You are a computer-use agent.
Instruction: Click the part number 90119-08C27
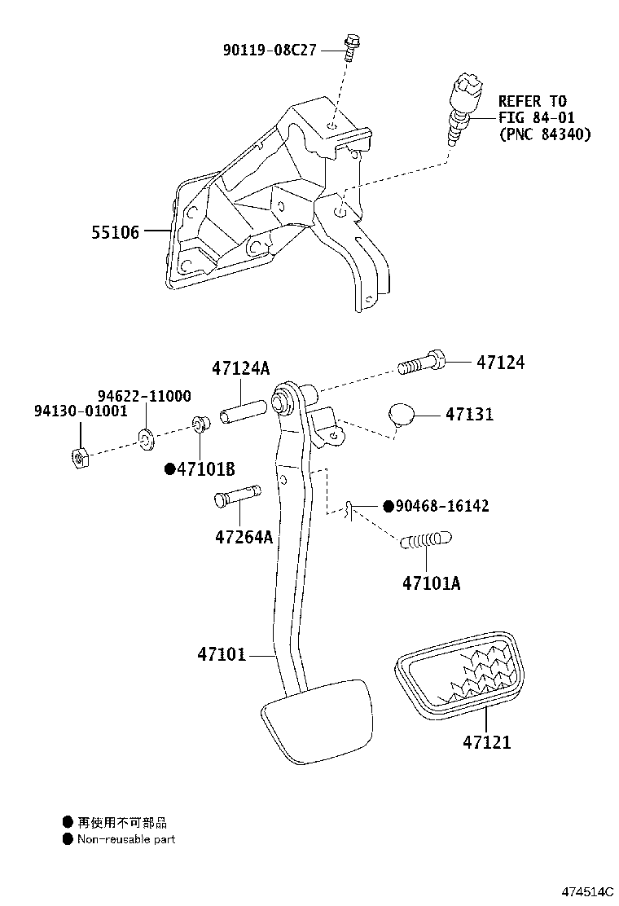pyautogui.click(x=270, y=50)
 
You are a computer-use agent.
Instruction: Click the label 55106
pyautogui.click(x=116, y=232)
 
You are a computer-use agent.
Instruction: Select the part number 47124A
pyautogui.click(x=240, y=368)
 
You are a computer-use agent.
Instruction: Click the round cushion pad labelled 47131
pyautogui.click(x=402, y=414)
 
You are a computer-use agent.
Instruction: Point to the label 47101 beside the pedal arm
pyautogui.click(x=221, y=654)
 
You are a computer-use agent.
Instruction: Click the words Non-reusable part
pyautogui.click(x=126, y=839)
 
